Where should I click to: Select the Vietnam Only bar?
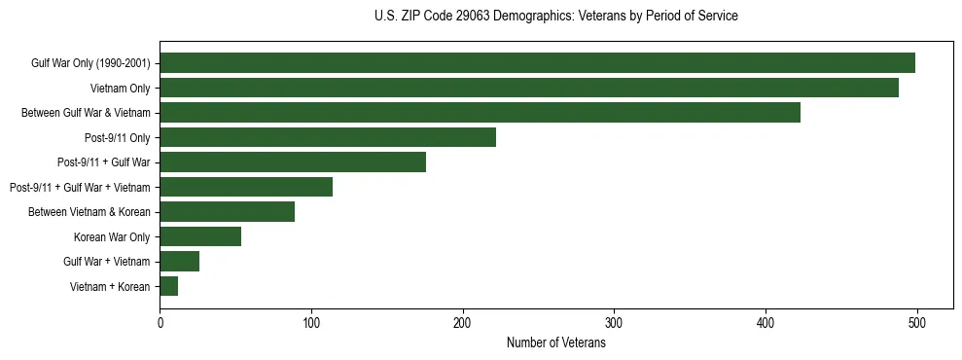pyautogui.click(x=529, y=88)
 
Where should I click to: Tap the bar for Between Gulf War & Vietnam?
pyautogui.click(x=480, y=113)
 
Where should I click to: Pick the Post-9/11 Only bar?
pyautogui.click(x=328, y=137)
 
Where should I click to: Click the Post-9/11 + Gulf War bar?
pyautogui.click(x=293, y=162)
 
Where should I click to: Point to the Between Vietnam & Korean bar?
pyautogui.click(x=227, y=211)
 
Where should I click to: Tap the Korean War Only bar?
pyautogui.click(x=200, y=236)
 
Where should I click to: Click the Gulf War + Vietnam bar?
pyautogui.click(x=180, y=261)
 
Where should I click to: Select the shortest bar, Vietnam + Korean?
pyautogui.click(x=169, y=286)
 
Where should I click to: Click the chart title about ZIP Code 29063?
pyautogui.click(x=555, y=17)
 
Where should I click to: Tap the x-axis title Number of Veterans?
pyautogui.click(x=555, y=343)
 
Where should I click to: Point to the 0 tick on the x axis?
pyautogui.click(x=160, y=322)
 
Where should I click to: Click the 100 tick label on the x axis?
pyautogui.click(x=311, y=322)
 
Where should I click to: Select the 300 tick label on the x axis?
pyautogui.click(x=614, y=322)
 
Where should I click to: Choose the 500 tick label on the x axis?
pyautogui.click(x=916, y=322)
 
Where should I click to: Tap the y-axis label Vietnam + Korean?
pyautogui.click(x=110, y=286)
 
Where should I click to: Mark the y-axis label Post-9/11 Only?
pyautogui.click(x=117, y=137)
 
